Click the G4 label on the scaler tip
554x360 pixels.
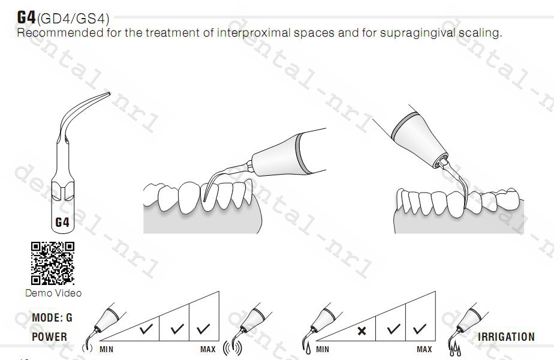pos(62,223)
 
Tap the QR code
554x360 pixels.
pos(53,263)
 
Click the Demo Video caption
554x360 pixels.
pos(53,293)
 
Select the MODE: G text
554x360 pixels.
pos(52,318)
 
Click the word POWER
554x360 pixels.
pos(49,337)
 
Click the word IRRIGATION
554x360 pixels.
pos(506,337)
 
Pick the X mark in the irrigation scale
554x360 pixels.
pos(361,330)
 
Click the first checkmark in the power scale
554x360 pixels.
pos(145,329)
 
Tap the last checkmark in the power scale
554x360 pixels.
pos(203,329)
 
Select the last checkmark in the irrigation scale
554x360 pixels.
pos(420,329)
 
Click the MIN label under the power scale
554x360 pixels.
pos(107,349)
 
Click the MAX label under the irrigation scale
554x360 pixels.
pos(424,349)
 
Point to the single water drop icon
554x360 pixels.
pos(306,347)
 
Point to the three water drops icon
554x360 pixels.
pos(452,347)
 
